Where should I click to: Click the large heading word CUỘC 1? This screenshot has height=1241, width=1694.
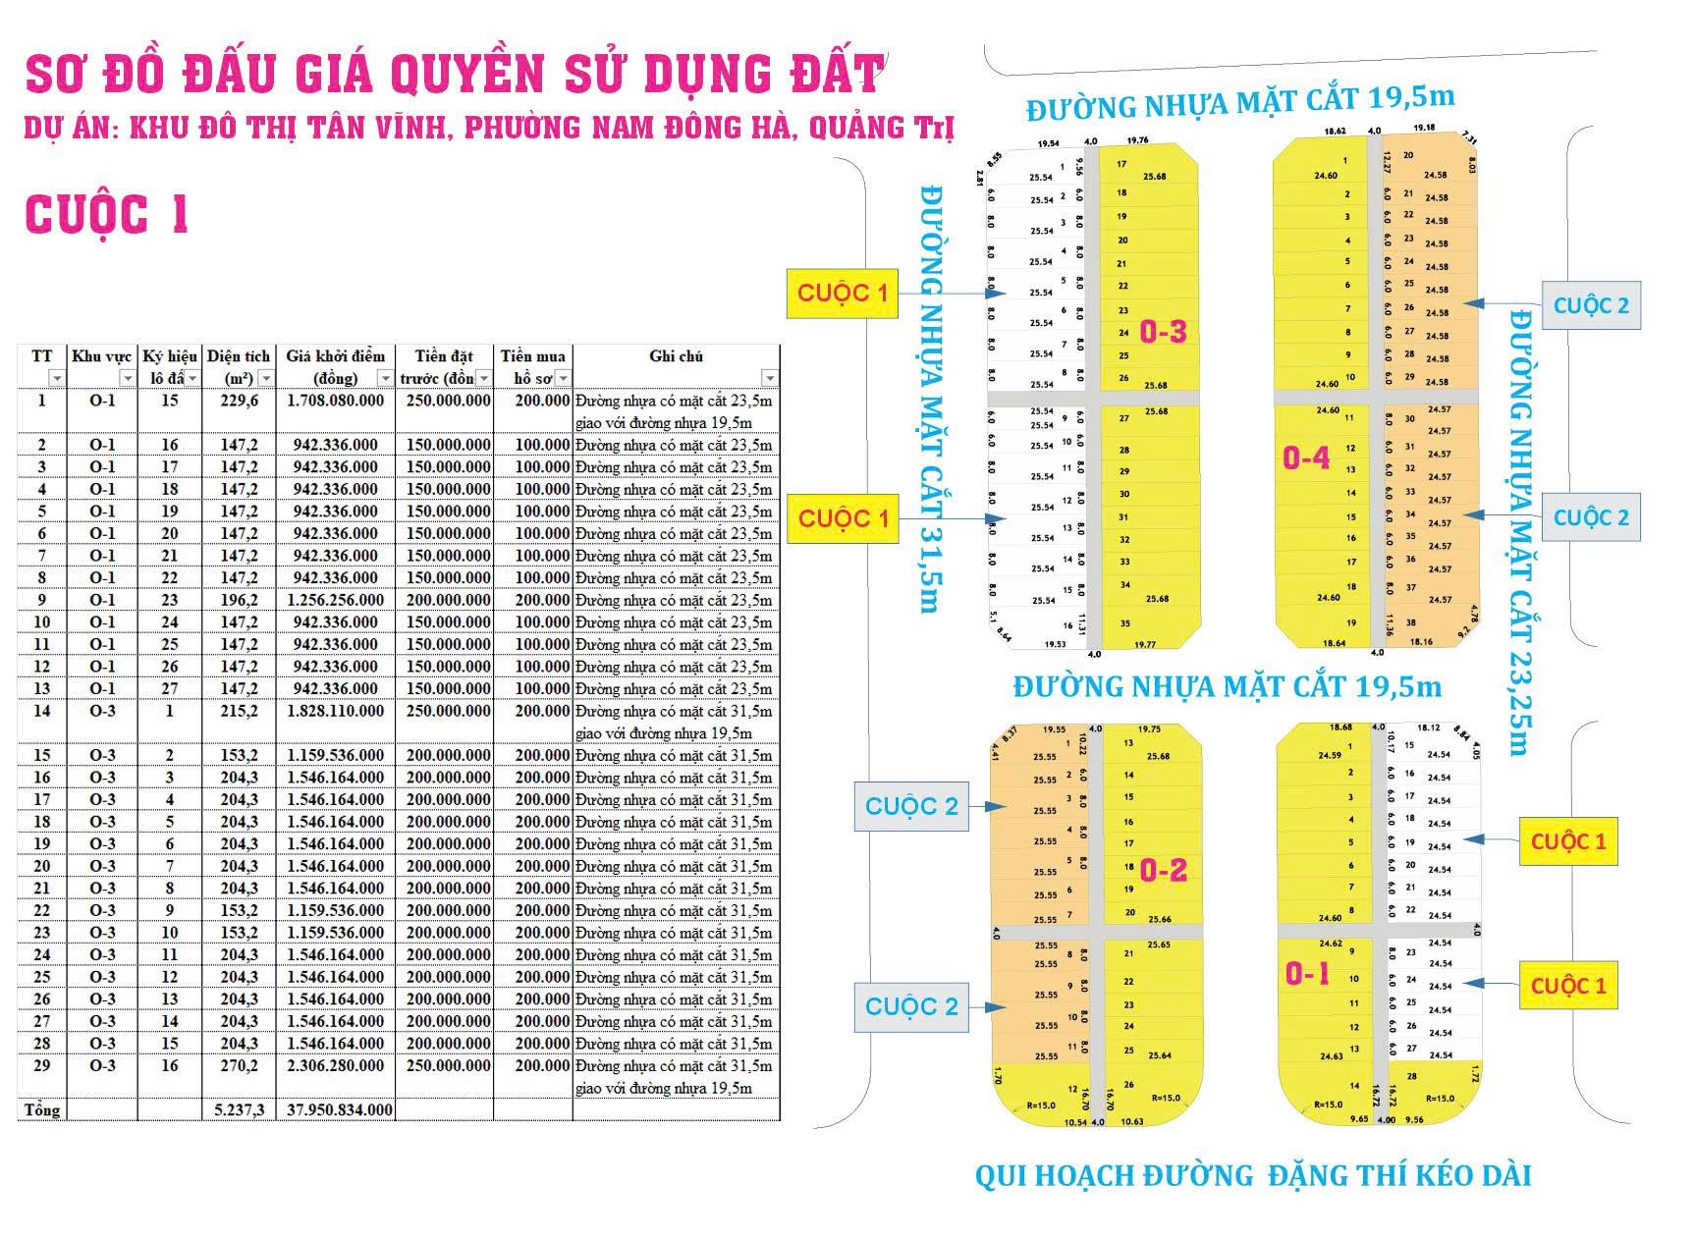click(x=106, y=215)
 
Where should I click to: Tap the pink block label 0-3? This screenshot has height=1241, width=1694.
click(x=1163, y=332)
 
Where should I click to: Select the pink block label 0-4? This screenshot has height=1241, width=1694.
click(x=1306, y=458)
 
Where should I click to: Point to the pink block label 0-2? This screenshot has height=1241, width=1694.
click(x=1164, y=870)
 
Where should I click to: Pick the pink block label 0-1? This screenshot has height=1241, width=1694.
click(x=1307, y=973)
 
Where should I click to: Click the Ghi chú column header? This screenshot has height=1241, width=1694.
click(x=676, y=356)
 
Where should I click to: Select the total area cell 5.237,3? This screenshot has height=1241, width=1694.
click(x=239, y=1110)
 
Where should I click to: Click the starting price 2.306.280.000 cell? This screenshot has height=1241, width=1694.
click(x=335, y=1066)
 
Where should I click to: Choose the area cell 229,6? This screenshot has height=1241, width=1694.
click(x=239, y=401)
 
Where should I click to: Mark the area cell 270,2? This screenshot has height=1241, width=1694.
click(x=239, y=1066)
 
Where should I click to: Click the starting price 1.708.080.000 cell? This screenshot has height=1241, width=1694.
click(x=335, y=401)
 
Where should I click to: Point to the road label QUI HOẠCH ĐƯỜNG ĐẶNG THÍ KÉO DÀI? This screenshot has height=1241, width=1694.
click(x=1252, y=1175)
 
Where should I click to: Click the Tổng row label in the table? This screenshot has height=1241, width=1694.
click(x=42, y=1110)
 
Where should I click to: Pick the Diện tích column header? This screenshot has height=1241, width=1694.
click(x=239, y=356)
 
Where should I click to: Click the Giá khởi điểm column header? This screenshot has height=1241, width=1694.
click(x=335, y=356)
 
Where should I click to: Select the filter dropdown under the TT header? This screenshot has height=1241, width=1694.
click(x=57, y=379)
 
